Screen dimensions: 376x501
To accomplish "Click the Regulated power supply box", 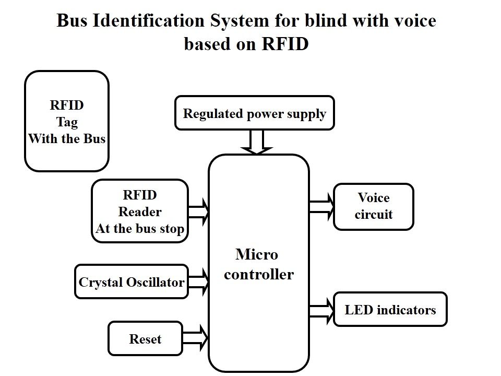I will pos(254,113).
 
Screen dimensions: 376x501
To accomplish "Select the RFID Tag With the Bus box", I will pos(67,121).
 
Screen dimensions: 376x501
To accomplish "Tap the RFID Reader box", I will pos(139,211).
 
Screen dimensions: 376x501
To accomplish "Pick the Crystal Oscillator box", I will pos(131,282).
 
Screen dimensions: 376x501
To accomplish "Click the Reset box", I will pos(145,338).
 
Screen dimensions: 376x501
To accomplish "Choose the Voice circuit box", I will pos(373,206).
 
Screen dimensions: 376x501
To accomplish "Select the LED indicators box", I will pos(390,309).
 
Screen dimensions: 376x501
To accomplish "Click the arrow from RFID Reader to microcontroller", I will pos(198,211).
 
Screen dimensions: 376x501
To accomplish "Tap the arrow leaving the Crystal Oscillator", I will pos(199,281).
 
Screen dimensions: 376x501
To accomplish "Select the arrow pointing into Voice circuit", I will pos(321,206).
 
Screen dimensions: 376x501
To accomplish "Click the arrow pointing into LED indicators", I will pos(321,310).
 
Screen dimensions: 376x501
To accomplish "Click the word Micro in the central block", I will pos(257,255).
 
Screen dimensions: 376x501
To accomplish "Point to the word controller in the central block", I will pos(259,274).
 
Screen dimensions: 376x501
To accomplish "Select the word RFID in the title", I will pos(284,44).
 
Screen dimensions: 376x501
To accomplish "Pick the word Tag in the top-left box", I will pos(67,122).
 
